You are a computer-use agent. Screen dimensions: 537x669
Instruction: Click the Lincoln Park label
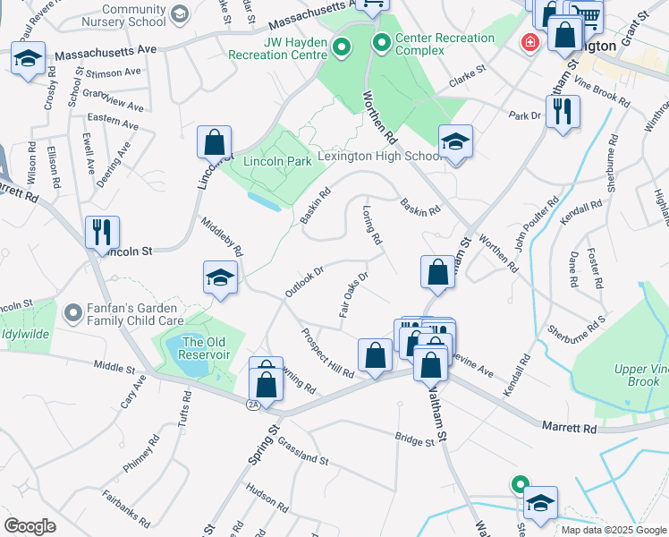[277, 161]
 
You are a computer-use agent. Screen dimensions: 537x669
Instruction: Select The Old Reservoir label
[206, 347]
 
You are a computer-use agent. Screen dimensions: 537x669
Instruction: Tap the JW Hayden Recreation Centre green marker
[341, 46]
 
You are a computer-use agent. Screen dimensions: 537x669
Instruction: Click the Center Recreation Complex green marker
[382, 41]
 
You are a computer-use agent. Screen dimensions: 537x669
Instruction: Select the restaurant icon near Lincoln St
[101, 232]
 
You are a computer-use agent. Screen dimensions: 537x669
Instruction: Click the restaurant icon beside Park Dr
[563, 111]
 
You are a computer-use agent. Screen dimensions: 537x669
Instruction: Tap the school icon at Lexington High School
[455, 141]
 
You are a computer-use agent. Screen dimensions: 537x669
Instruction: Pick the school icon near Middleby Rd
[220, 277]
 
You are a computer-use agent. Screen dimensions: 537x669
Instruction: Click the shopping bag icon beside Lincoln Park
[215, 141]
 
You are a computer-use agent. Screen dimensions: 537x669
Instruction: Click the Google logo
[30, 525]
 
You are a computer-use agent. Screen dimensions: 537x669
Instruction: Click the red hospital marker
[530, 42]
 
